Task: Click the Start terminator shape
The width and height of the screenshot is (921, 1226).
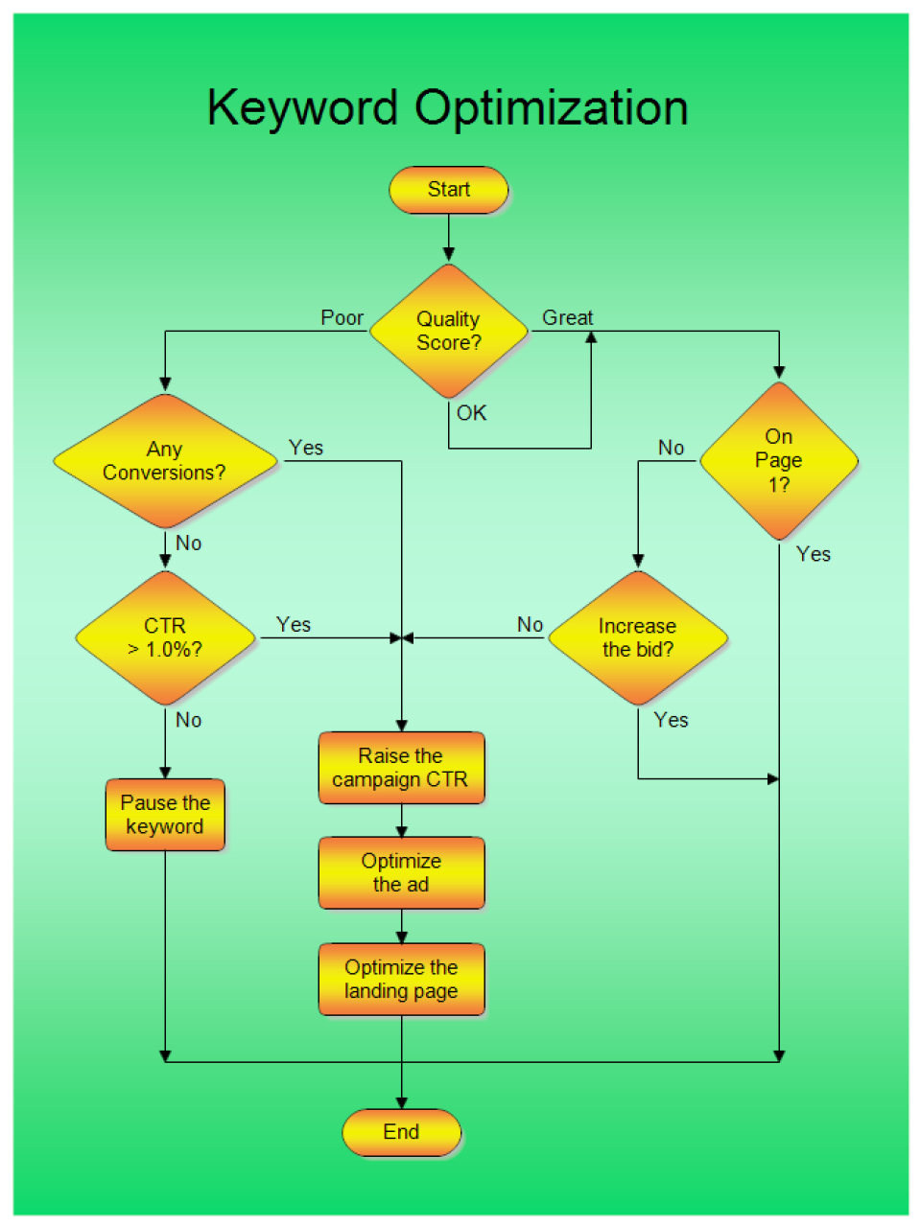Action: pyautogui.click(x=448, y=190)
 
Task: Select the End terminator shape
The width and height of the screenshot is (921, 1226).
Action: pyautogui.click(x=401, y=1132)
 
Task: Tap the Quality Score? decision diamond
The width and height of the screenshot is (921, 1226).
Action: pyautogui.click(x=448, y=332)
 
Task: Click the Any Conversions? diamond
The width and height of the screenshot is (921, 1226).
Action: pyautogui.click(x=165, y=461)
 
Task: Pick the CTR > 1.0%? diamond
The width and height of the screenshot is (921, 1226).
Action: pyautogui.click(x=165, y=637)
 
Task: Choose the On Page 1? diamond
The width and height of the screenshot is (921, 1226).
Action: pyautogui.click(x=778, y=461)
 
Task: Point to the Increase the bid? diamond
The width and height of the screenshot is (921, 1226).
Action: pyautogui.click(x=637, y=637)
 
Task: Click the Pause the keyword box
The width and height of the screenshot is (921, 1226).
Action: pyautogui.click(x=165, y=815)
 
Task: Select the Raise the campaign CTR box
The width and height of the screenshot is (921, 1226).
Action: pyautogui.click(x=401, y=768)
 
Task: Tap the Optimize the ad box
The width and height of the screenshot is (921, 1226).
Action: pyautogui.click(x=401, y=872)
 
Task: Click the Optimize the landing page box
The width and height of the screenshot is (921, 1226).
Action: pyautogui.click(x=401, y=979)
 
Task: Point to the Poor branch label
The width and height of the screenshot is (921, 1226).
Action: pyautogui.click(x=342, y=318)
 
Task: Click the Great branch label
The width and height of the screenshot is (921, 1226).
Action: pyautogui.click(x=568, y=318)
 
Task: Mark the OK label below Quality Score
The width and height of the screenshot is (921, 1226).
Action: pyautogui.click(x=472, y=413)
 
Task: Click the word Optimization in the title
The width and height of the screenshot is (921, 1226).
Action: pyautogui.click(x=551, y=108)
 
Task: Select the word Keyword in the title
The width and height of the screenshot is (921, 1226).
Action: pyautogui.click(x=302, y=108)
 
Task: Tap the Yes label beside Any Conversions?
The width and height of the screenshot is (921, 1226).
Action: pyautogui.click(x=306, y=448)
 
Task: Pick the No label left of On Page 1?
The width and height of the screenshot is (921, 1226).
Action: pyautogui.click(x=672, y=448)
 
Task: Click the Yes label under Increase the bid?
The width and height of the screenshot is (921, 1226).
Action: pyautogui.click(x=672, y=720)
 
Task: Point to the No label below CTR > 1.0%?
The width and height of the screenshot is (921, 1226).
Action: pyautogui.click(x=189, y=720)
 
